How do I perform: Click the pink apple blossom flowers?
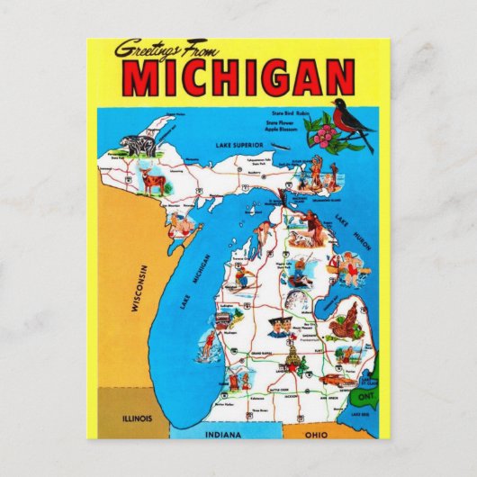tap(322, 136)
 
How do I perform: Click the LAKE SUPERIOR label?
tap(238, 144)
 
